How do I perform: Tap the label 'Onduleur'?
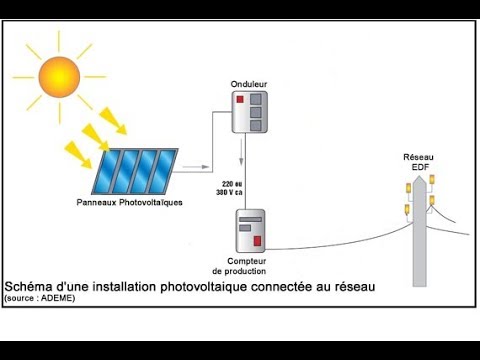249,83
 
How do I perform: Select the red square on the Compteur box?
257,241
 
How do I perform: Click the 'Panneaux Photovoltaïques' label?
122,203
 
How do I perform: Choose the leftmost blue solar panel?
112,171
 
